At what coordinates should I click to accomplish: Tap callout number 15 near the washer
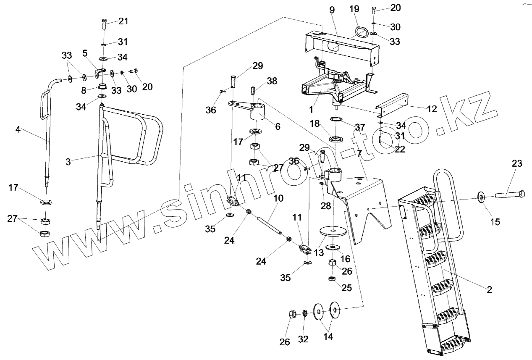coord(495,221)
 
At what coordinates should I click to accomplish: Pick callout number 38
coord(272,81)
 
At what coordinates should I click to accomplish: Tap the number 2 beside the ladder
coord(489,289)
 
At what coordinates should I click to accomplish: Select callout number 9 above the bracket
coord(332,10)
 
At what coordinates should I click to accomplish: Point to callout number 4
coord(18,129)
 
